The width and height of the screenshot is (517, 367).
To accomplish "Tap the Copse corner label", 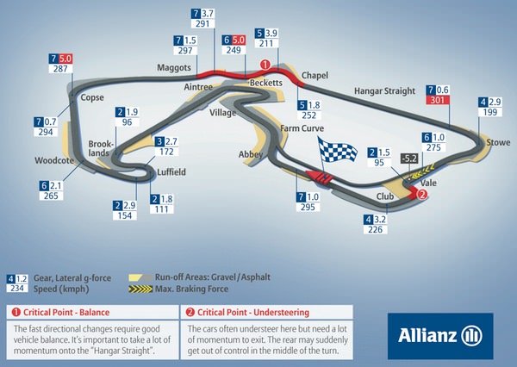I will coord(91,97).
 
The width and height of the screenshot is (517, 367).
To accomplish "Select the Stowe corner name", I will coord(498,141).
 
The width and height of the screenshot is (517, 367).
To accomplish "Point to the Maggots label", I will coord(173,66).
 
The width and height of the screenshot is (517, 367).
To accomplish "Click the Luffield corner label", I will coord(171,171).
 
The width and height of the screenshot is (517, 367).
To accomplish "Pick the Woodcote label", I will coord(52,159).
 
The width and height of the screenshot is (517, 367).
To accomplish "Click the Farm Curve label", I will coord(302,128).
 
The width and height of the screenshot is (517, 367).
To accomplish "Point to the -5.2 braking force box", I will coord(410,158).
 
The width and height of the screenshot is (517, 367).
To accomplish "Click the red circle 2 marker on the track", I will coord(422,195).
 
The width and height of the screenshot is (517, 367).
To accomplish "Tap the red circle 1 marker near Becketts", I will coord(265,64).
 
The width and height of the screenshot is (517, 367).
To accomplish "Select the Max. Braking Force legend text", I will coord(193,289).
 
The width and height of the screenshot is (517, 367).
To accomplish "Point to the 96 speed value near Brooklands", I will coord(128,122).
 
